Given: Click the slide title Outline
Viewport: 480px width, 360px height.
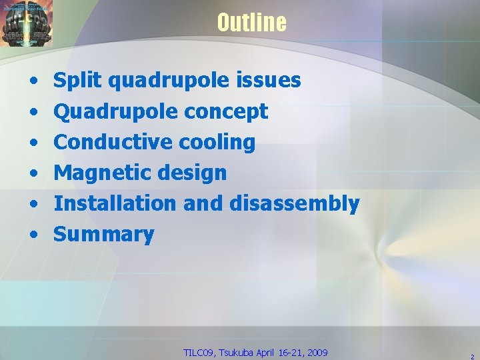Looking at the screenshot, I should pos(251,23).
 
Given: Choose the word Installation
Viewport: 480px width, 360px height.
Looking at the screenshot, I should pos(115,203).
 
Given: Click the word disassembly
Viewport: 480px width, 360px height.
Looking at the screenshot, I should pos(295,203).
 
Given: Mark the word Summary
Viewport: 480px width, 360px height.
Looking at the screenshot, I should pos(104,234).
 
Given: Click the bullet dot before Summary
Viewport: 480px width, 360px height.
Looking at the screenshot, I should pos(33,235).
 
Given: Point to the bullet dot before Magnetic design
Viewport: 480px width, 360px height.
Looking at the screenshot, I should pos(33,173).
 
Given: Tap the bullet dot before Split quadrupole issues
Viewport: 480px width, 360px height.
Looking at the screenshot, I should pos(33,81).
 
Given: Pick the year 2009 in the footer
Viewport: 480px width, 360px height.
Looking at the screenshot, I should pos(317,352).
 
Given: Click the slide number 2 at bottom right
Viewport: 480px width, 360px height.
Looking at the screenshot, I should pos(471,355).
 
